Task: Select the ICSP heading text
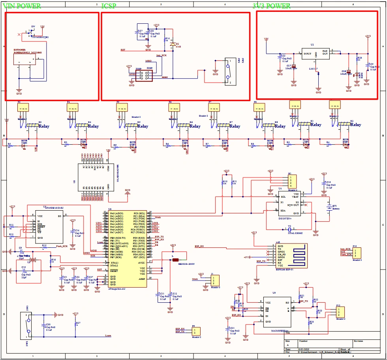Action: [109, 6]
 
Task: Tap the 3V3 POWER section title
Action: [271, 6]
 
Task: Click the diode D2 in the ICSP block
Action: [173, 44]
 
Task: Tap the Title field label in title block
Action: [287, 332]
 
